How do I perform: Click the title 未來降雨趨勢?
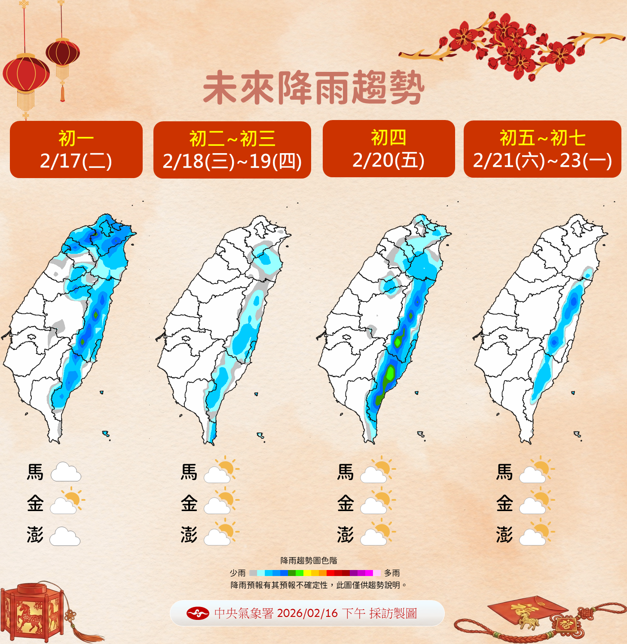click(x=314, y=89)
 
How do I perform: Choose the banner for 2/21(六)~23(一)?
click(x=542, y=149)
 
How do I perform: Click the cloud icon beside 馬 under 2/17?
click(x=66, y=472)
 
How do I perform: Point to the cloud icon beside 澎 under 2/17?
click(x=65, y=536)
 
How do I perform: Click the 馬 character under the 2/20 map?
click(x=346, y=472)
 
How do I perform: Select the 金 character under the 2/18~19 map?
click(x=189, y=503)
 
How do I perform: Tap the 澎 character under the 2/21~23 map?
click(x=505, y=535)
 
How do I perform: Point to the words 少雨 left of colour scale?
click(x=238, y=573)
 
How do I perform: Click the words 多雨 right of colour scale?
click(x=392, y=573)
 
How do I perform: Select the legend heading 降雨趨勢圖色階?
click(x=309, y=561)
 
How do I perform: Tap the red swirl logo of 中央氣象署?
click(x=198, y=613)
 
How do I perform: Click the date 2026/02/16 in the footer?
click(x=307, y=613)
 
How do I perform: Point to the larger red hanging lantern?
click(x=26, y=75)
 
